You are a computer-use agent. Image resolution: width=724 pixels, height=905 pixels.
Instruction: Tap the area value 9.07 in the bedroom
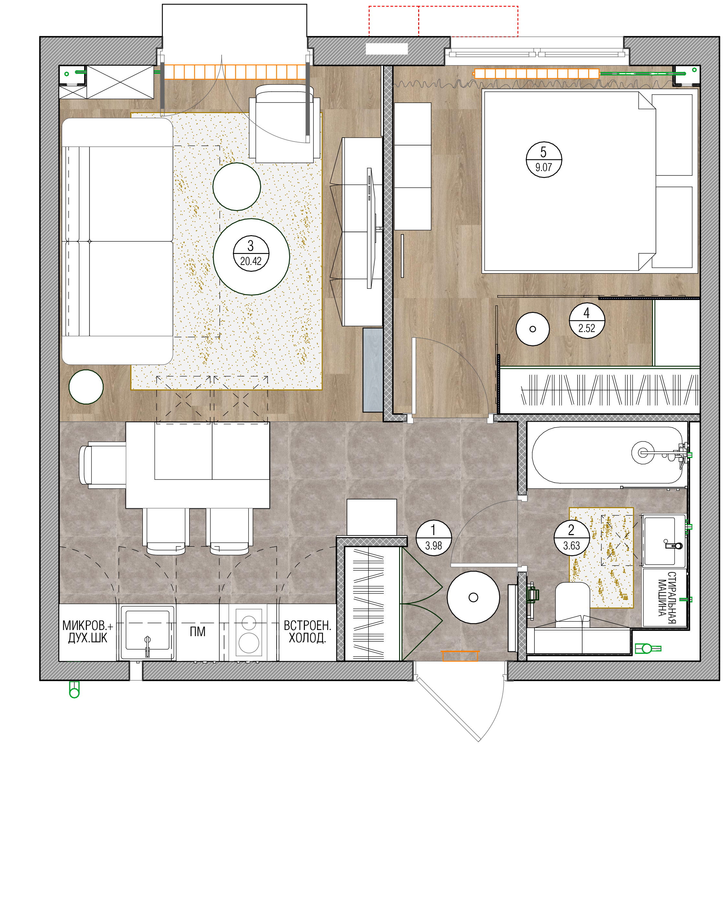click(544, 167)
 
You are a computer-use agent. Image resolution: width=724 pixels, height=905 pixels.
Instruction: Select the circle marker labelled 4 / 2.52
click(587, 320)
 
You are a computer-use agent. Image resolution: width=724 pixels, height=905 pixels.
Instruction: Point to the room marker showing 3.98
click(433, 538)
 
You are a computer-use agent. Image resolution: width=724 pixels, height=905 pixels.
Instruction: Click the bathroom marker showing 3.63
click(572, 538)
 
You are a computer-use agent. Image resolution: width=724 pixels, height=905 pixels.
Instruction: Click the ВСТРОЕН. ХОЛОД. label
click(307, 631)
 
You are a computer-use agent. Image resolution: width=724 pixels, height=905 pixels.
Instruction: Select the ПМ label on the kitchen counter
click(197, 631)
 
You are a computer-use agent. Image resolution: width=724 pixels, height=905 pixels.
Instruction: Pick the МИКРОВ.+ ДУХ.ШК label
click(88, 631)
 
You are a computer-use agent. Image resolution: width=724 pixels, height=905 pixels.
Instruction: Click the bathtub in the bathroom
click(607, 455)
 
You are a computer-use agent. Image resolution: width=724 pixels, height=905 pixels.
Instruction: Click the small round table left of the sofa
click(86, 387)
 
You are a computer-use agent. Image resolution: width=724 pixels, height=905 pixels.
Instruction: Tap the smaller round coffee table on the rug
click(237, 186)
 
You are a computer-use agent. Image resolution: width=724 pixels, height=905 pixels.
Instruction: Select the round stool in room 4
click(533, 329)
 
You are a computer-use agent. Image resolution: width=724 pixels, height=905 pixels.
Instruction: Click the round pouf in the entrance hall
click(473, 597)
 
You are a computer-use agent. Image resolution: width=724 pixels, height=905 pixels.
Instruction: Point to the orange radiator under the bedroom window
click(536, 74)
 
